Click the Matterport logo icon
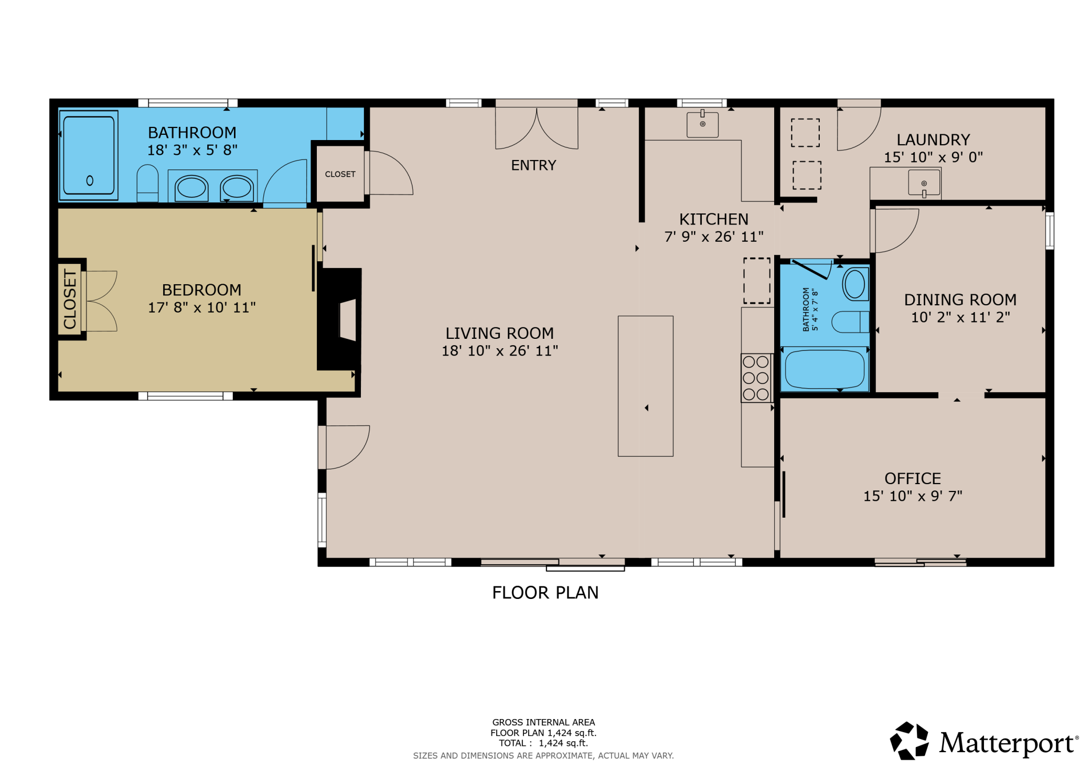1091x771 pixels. coord(909,741)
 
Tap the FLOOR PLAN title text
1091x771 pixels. coord(545,593)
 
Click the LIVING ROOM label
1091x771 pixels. coord(499,333)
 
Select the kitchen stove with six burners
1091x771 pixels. coord(756,378)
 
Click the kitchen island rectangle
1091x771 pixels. coord(645,386)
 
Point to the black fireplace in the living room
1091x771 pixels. coord(339,319)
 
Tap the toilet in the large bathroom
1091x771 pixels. coord(147,183)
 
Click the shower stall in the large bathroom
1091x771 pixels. coord(89,155)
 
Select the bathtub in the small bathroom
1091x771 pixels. coord(824,369)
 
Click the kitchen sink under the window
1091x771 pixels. coord(702,124)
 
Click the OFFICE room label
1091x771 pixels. coord(913,478)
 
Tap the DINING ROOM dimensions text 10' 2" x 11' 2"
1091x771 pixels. coord(960,317)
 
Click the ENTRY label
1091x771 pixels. coord(533,165)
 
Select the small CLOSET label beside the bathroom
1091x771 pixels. coord(340,174)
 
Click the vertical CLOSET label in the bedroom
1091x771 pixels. coord(70,299)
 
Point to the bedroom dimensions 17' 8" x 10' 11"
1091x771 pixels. coord(201,307)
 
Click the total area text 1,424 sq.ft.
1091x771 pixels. coord(563,743)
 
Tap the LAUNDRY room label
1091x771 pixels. coord(933,140)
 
